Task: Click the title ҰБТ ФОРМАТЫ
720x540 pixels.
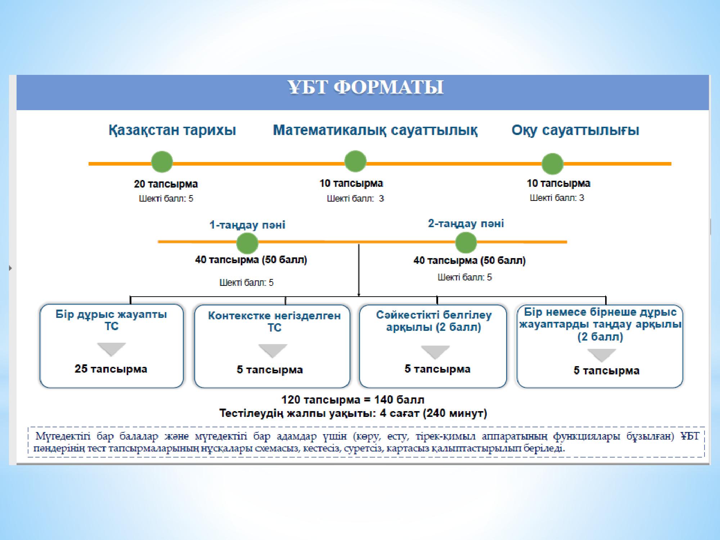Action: [x=365, y=87]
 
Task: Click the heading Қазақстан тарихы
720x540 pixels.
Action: [x=172, y=130]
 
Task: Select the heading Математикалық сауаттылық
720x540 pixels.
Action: [x=375, y=130]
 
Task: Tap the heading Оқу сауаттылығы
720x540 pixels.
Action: [x=575, y=130]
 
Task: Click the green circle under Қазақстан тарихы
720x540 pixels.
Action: [x=162, y=162]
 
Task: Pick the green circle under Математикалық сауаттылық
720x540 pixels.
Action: [x=355, y=161]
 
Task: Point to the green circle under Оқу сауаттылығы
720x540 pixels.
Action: [x=553, y=164]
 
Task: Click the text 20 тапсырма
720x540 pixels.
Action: [x=166, y=184]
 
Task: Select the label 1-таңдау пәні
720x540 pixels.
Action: [x=247, y=225]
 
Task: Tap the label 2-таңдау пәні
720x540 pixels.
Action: [x=466, y=224]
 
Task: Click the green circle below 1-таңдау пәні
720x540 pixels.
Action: [x=247, y=243]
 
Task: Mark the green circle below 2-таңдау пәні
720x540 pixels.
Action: [x=466, y=243]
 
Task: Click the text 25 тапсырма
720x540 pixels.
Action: [x=111, y=369]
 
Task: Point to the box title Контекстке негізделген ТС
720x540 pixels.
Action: [x=274, y=321]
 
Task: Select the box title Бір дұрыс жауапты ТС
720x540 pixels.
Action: [x=111, y=320]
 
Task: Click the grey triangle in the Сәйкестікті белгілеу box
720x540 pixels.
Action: [x=435, y=351]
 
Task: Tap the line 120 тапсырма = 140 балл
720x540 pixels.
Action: [x=353, y=400]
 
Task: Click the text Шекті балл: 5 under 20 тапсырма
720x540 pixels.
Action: [x=166, y=199]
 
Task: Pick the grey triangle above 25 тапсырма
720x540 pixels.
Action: [x=112, y=348]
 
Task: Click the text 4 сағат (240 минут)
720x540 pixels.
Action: [x=433, y=413]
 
